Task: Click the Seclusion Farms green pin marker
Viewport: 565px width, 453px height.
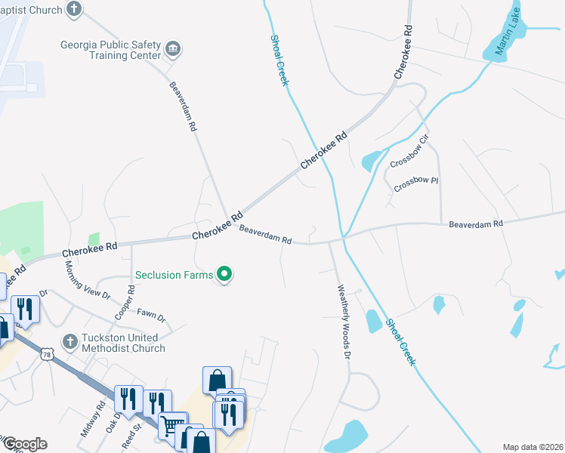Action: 224,274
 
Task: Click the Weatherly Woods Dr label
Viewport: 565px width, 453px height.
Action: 344,320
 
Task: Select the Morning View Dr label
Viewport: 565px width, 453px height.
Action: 88,279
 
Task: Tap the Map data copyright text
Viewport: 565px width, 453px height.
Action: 533,447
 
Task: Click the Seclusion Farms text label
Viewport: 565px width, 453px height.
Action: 174,275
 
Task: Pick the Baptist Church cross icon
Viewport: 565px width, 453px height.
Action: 73,10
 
